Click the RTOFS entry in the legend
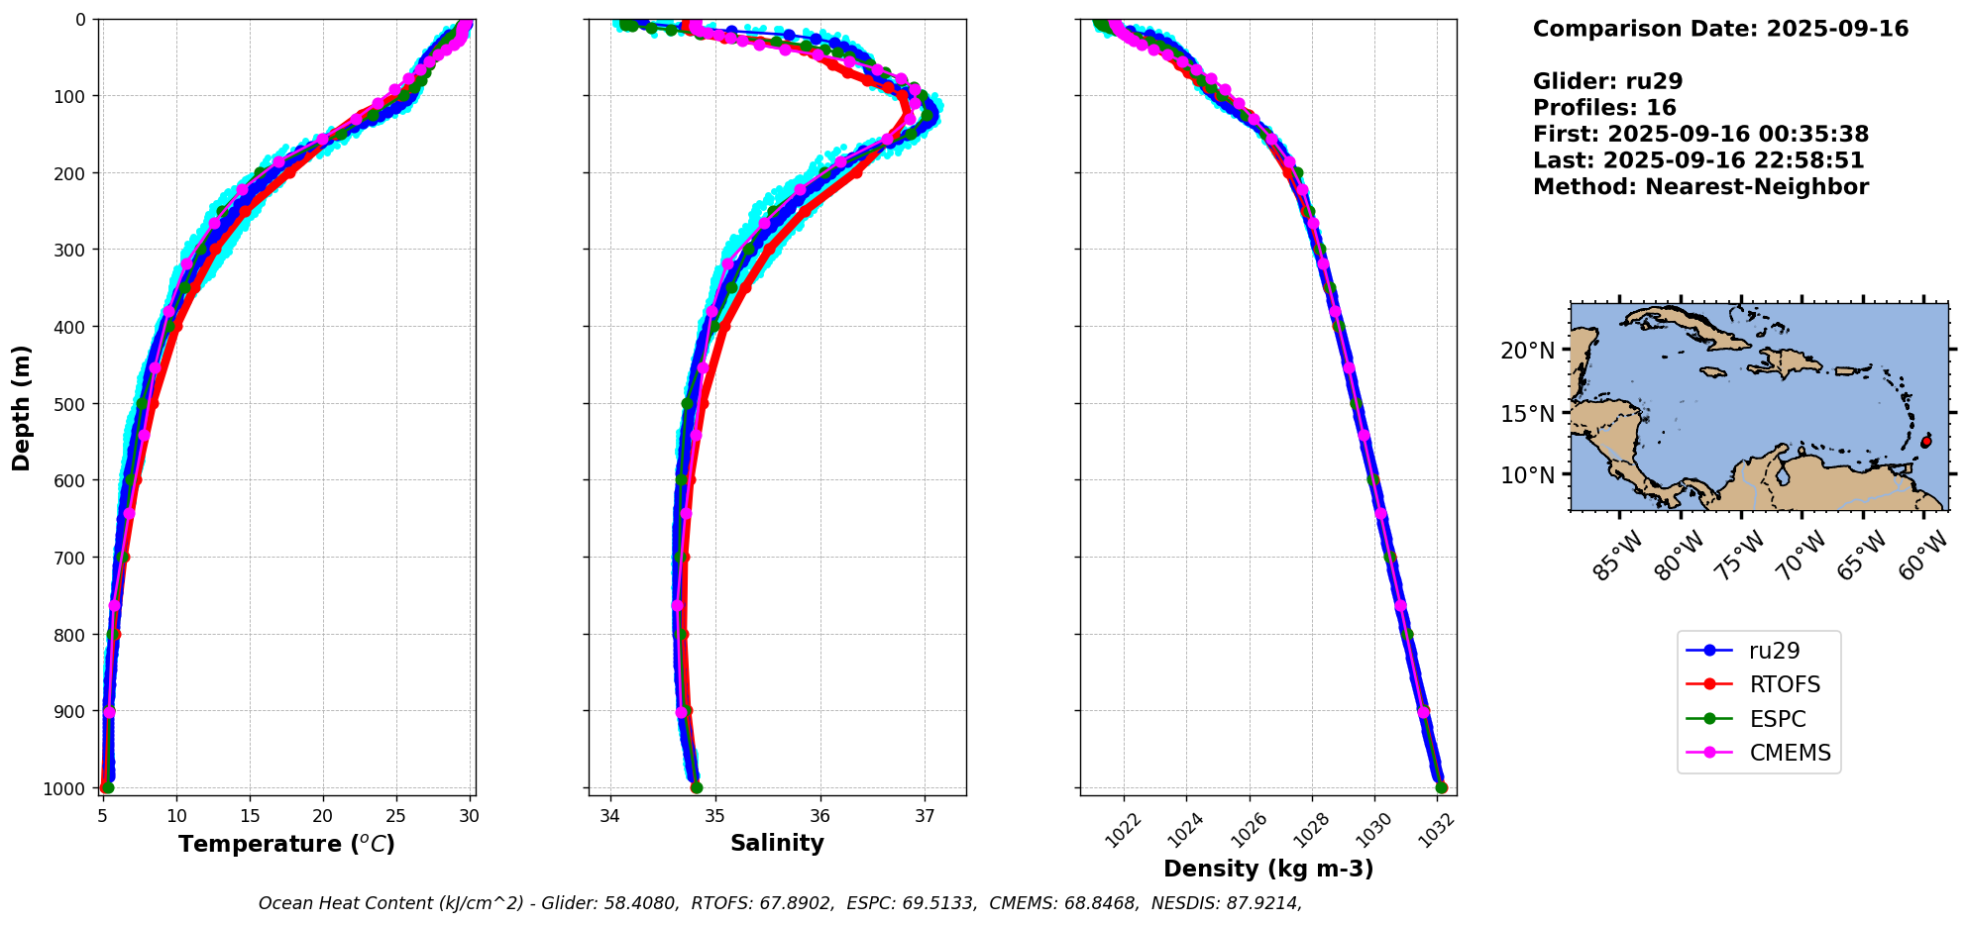pos(1784,684)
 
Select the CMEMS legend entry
pos(1789,753)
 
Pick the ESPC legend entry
pos(1777,719)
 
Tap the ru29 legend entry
pos(1774,651)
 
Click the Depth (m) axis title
pos(22,407)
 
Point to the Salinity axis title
pos(777,843)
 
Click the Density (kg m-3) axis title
pos(1268,869)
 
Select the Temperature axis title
pos(286,844)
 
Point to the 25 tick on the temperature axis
pos(395,816)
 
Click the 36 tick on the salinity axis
pos(819,816)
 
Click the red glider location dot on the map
pos(1925,442)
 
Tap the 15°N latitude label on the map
pos(1527,413)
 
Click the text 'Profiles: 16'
pos(1604,108)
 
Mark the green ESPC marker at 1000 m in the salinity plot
pos(697,787)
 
